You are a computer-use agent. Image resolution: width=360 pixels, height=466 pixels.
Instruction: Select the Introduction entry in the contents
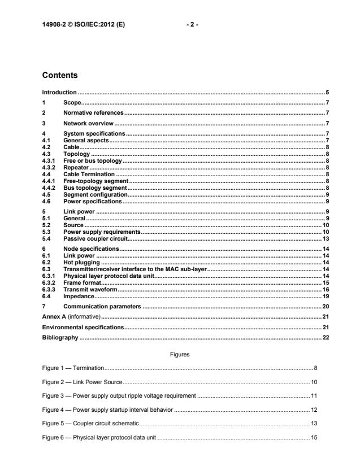pyautogui.click(x=60, y=92)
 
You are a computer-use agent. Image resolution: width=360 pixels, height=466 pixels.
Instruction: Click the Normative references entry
pyautogui.click(x=89, y=112)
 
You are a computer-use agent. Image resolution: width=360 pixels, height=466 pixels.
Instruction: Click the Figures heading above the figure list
pyautogui.click(x=180, y=354)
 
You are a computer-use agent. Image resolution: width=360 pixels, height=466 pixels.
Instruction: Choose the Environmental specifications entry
pyautogui.click(x=83, y=327)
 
